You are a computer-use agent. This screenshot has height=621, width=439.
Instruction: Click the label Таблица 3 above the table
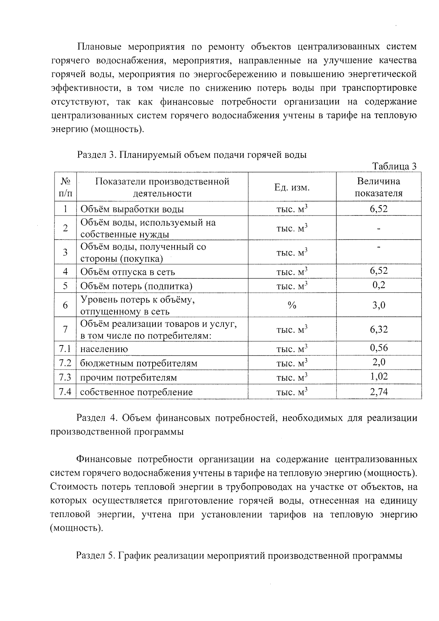(394, 167)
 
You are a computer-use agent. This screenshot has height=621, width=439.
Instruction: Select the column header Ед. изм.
(292, 188)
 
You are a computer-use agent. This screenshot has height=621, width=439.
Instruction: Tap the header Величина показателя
(379, 187)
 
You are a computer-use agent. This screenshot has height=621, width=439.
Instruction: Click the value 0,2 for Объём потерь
(379, 285)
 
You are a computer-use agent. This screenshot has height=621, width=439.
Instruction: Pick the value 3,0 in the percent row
(379, 305)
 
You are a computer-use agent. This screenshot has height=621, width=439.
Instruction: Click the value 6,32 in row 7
(379, 329)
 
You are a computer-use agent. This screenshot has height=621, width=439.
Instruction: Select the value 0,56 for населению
(379, 348)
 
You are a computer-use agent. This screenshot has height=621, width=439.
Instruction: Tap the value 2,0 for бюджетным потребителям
(379, 362)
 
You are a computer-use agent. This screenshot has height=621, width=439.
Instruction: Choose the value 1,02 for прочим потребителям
(379, 377)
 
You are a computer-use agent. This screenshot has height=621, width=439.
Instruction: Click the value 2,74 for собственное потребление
(379, 392)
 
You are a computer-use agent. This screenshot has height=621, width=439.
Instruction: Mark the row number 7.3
(65, 377)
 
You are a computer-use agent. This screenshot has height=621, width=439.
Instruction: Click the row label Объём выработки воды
(132, 209)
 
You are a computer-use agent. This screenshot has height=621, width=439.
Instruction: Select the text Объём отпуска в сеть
(127, 272)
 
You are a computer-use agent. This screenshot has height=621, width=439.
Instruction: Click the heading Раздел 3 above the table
(191, 155)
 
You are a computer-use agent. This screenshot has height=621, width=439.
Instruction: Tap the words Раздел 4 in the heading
(96, 418)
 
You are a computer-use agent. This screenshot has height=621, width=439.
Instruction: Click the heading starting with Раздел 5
(239, 556)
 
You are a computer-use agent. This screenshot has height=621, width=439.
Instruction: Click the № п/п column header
(65, 187)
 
